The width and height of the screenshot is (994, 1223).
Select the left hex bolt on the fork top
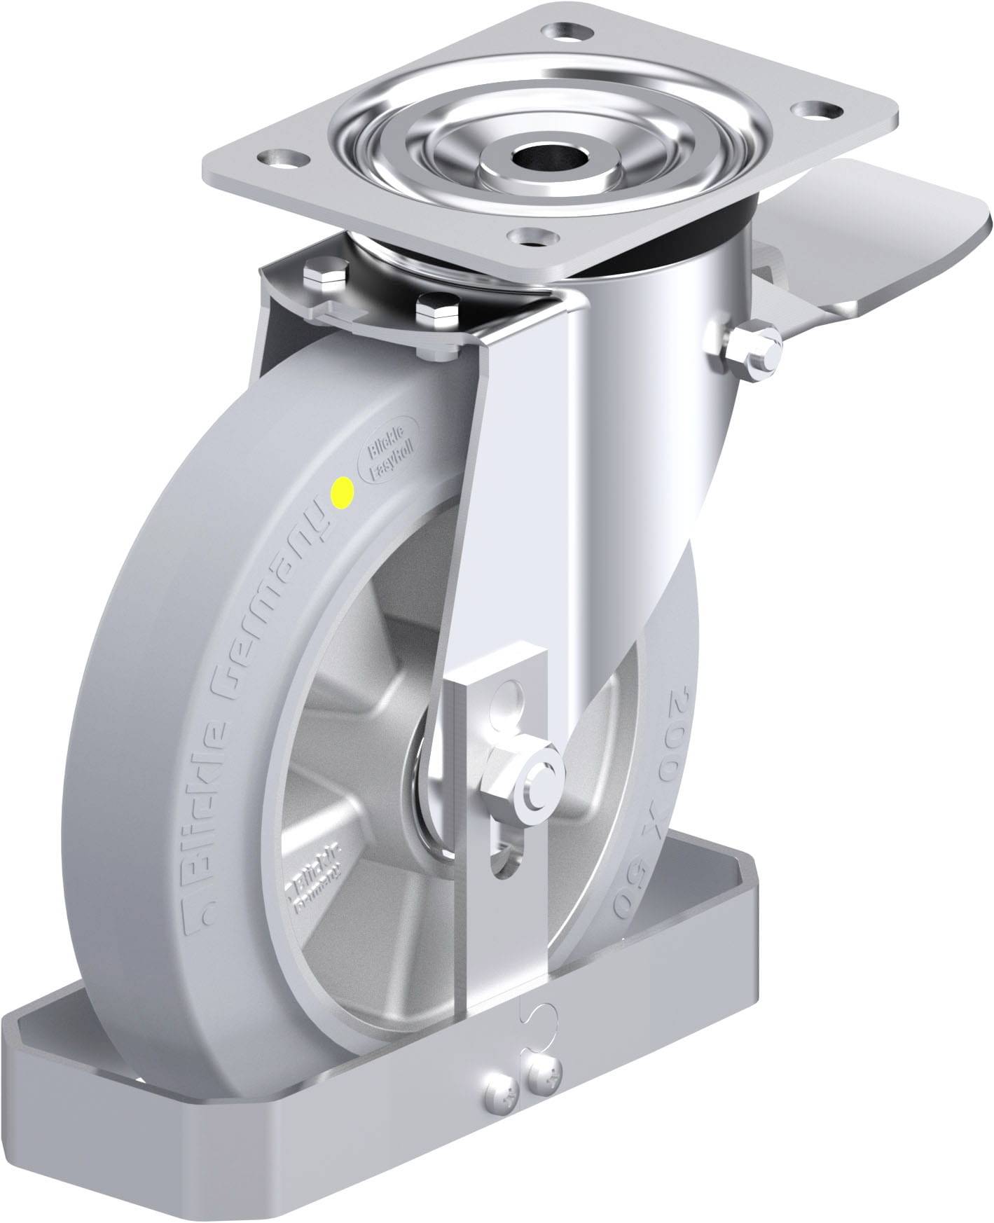pyautogui.click(x=326, y=278)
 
